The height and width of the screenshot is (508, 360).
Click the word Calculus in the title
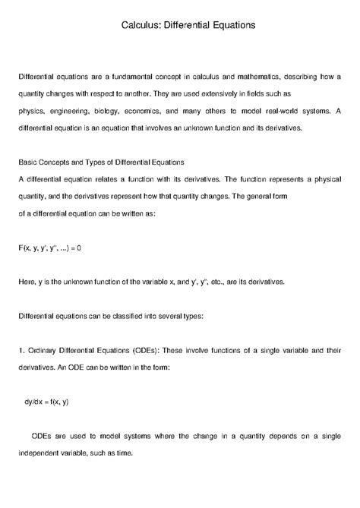[x=142, y=25]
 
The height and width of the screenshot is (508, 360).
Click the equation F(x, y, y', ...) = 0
[x=49, y=248]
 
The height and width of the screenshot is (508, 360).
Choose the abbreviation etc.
[x=234, y=282]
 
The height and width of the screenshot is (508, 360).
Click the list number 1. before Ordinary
[x=21, y=351]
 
